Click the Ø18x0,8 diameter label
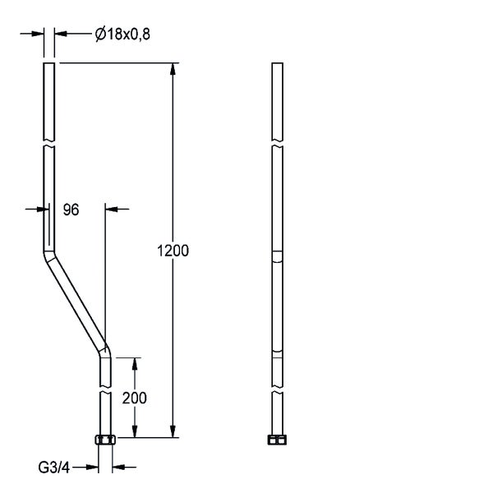[122, 34]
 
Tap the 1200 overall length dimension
[173, 251]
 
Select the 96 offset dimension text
[71, 210]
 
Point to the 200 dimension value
[135, 398]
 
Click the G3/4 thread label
[53, 468]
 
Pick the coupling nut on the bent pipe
[105, 440]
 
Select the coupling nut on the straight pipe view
[277, 440]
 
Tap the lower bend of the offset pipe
[105, 351]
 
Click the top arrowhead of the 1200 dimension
[173, 69]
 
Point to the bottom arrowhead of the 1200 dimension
[173, 431]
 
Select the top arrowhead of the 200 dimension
[135, 364]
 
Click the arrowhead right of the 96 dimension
[111, 209]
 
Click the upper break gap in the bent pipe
[49, 143]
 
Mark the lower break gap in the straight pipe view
[278, 389]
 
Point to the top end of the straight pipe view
[278, 63]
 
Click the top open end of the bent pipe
[49, 63]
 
